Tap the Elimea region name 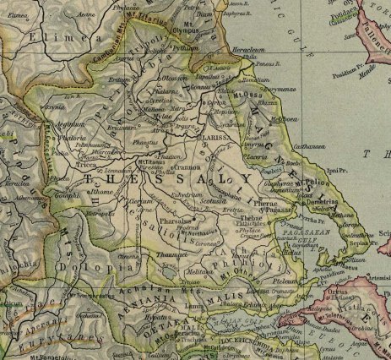(x=44, y=38)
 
